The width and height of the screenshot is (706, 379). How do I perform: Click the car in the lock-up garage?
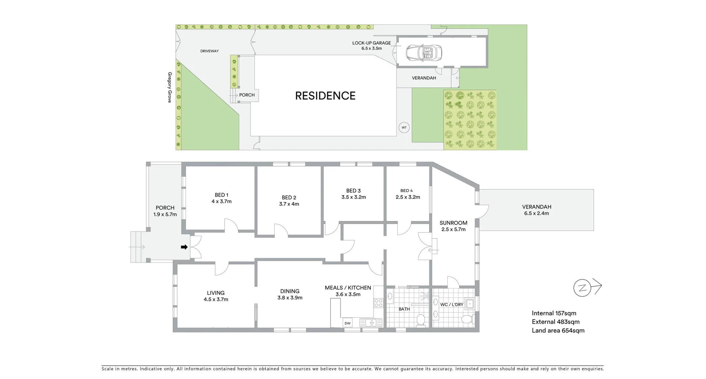click(424, 53)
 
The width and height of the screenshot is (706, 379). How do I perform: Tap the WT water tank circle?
click(404, 128)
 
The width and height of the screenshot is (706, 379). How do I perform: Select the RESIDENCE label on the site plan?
click(325, 96)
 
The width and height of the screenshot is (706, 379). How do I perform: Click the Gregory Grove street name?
click(170, 87)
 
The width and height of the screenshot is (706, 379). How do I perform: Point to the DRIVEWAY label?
click(209, 51)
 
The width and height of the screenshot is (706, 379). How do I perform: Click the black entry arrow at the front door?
click(184, 247)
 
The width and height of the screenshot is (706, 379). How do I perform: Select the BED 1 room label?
click(221, 195)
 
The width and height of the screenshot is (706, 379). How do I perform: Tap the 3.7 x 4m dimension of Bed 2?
click(289, 204)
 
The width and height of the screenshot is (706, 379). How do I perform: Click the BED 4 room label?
click(406, 191)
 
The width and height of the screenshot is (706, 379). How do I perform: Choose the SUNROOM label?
click(453, 223)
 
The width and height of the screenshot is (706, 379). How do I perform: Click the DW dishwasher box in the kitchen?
click(347, 323)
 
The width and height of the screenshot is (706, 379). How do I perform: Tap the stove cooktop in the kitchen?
click(378, 303)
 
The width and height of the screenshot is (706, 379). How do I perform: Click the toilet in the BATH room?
click(420, 320)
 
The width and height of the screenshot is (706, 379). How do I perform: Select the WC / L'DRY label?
click(451, 304)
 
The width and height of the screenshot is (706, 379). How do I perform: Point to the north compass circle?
click(582, 288)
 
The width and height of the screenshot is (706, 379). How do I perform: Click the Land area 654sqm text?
click(558, 331)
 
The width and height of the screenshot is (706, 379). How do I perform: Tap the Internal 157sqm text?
click(554, 313)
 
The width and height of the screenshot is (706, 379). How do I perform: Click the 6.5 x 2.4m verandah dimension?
click(536, 213)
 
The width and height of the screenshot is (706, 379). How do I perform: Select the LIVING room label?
click(215, 293)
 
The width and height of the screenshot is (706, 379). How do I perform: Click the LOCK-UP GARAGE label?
click(371, 43)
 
